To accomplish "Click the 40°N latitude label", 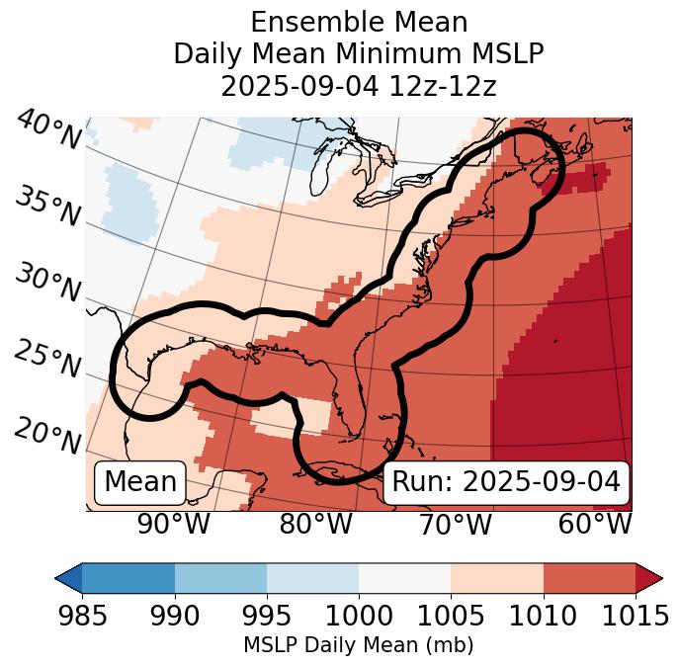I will [48, 130].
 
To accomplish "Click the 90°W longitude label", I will [173, 524].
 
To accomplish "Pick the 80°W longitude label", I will [315, 524].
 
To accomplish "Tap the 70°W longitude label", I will [454, 524].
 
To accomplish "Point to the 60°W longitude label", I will [594, 524].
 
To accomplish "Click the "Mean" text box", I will [140, 482].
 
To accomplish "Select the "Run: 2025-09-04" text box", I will [506, 482].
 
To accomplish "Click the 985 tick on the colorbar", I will [83, 617].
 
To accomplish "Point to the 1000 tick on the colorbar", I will [359, 617].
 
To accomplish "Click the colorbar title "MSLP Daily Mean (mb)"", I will [359, 645].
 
